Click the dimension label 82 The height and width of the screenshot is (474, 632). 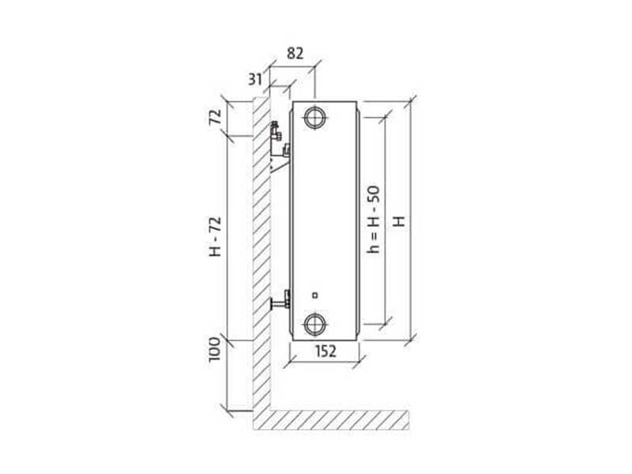(295, 53)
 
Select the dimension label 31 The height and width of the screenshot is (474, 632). (254, 80)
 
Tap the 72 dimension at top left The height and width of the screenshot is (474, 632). (215, 117)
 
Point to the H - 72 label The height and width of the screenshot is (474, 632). (215, 236)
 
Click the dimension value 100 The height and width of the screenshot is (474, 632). (215, 349)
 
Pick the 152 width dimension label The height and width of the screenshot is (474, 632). (325, 351)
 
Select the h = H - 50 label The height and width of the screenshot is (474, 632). (373, 220)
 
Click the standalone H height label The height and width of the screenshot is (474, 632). (399, 221)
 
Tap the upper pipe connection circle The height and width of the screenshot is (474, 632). (314, 118)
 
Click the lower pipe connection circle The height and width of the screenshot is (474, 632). (314, 324)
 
